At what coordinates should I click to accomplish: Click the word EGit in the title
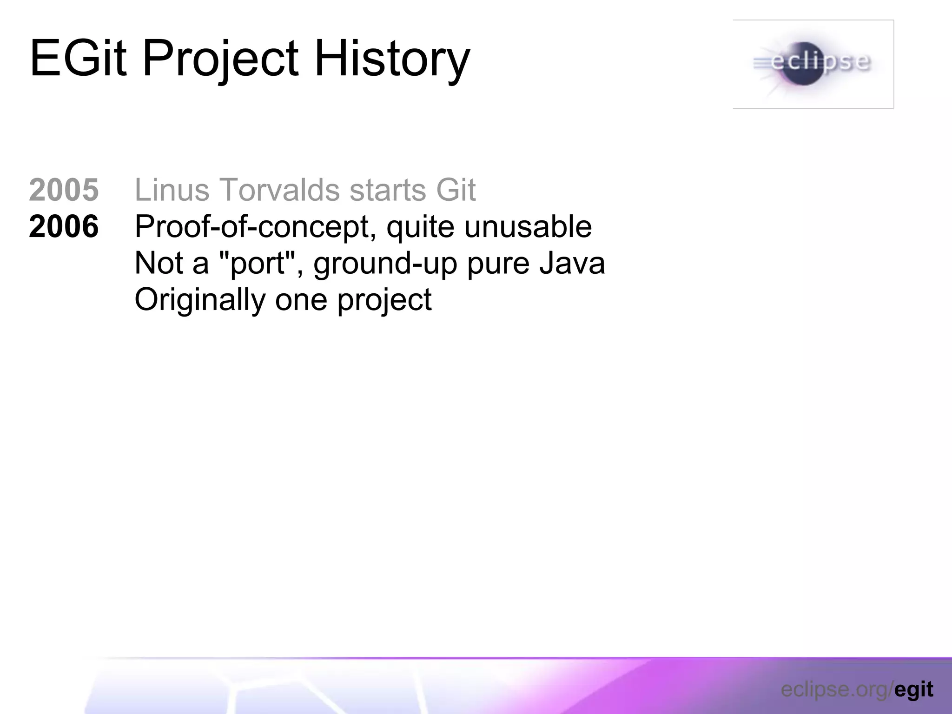78,59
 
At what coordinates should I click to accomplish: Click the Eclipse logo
813,64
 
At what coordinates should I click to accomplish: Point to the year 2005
64,190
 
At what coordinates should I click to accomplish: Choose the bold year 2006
64,226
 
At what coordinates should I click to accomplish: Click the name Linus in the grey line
172,190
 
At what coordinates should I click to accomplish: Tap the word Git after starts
456,190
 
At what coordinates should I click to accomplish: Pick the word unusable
528,226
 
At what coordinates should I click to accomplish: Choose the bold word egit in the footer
913,690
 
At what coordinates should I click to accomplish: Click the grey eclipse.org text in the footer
835,690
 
